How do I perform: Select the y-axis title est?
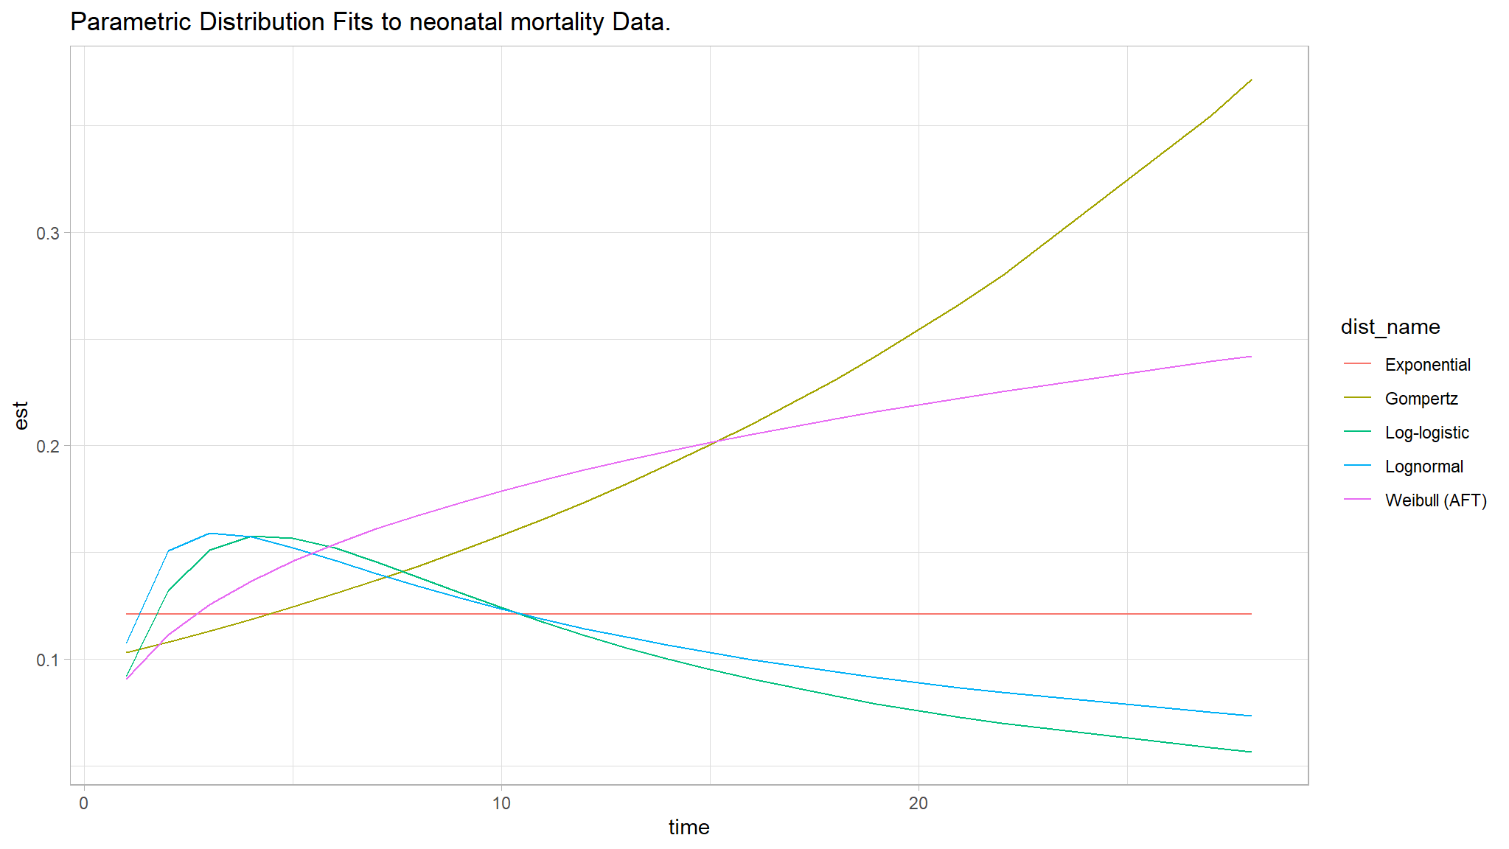[21, 416]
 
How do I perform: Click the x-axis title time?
[689, 827]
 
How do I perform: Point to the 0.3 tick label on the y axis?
[48, 233]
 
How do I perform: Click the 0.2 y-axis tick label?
[48, 446]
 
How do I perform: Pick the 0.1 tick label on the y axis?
[48, 660]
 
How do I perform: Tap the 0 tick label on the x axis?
[84, 803]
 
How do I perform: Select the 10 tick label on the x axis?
[501, 803]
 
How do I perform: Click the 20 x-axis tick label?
[919, 803]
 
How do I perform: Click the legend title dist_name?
[1390, 326]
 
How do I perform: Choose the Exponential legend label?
[1427, 365]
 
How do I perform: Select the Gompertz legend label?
[1421, 399]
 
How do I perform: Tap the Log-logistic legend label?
[1426, 433]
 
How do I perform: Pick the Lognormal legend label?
[1423, 467]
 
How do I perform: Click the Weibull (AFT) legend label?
[1435, 500]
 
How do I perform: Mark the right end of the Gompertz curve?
[1252, 80]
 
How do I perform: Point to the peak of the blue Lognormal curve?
[210, 533]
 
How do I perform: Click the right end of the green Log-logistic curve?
[1252, 752]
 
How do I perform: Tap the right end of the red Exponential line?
[1252, 614]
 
